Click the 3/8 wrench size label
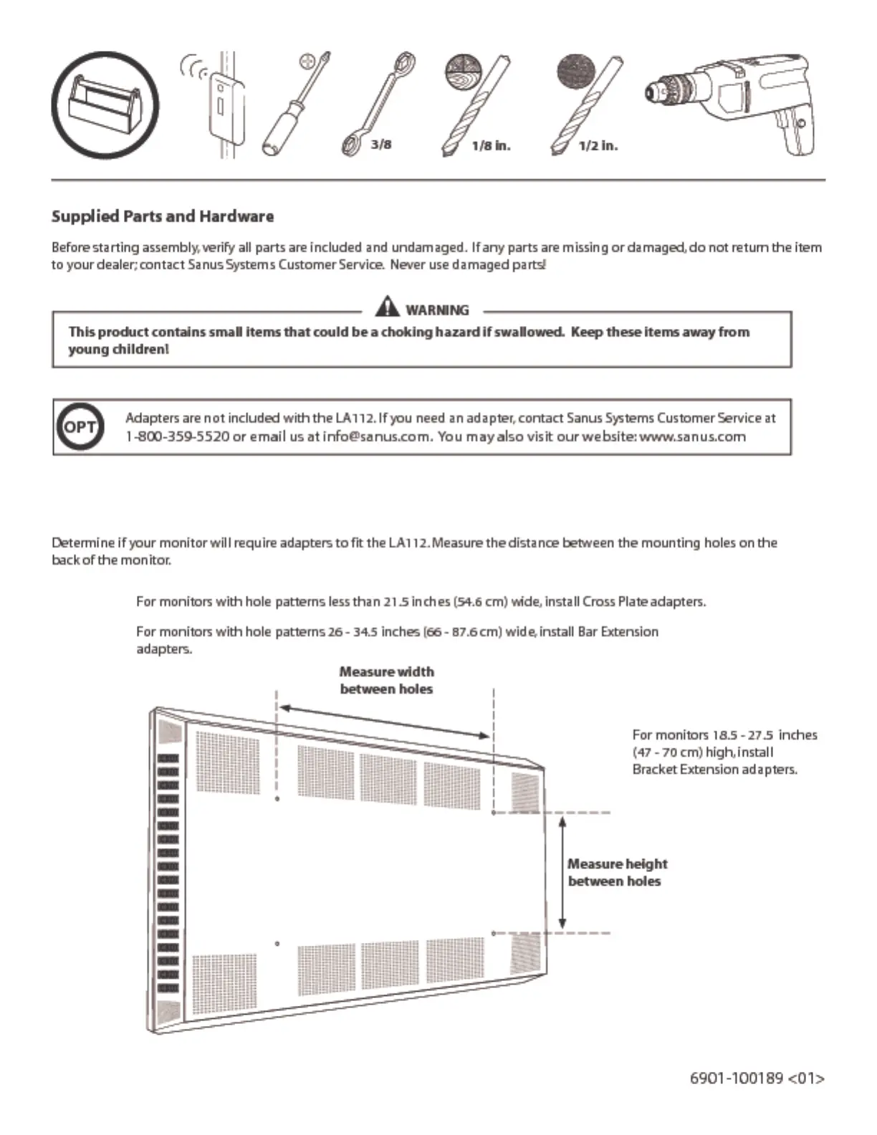click(381, 145)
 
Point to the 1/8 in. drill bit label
click(491, 146)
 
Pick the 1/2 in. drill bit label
click(598, 146)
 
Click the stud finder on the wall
click(225, 107)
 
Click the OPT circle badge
click(80, 427)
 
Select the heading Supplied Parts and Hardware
click(163, 216)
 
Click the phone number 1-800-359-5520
click(177, 436)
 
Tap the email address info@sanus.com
click(376, 436)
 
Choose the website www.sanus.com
click(692, 436)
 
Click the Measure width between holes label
click(386, 680)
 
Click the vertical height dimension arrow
click(562, 873)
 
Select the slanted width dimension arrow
click(385, 722)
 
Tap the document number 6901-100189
click(736, 1078)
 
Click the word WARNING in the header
click(437, 310)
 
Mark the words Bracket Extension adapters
click(714, 770)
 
